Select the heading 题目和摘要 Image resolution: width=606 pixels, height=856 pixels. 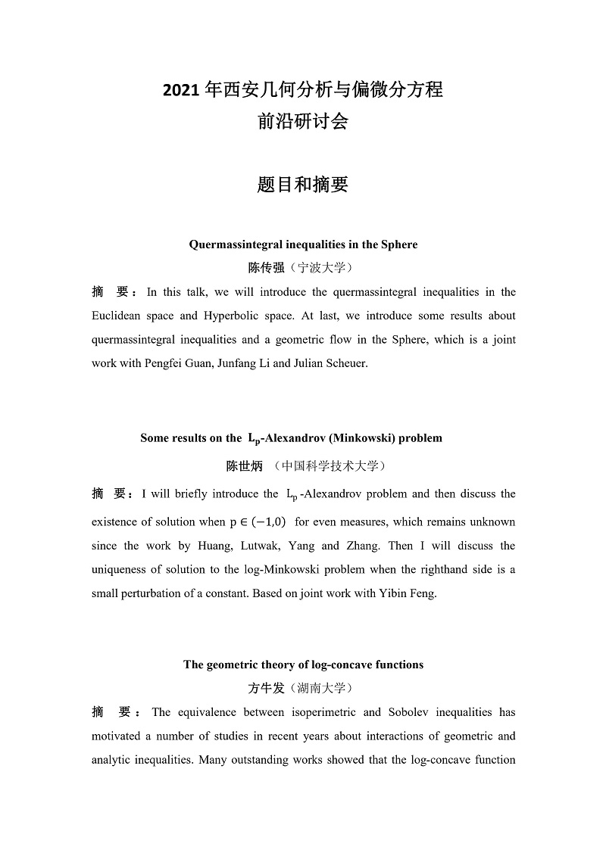coord(302,184)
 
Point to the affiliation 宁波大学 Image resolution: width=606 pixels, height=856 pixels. coord(324,267)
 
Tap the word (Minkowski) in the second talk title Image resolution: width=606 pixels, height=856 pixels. coord(361,438)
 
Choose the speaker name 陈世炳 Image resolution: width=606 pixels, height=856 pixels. coord(244,466)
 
